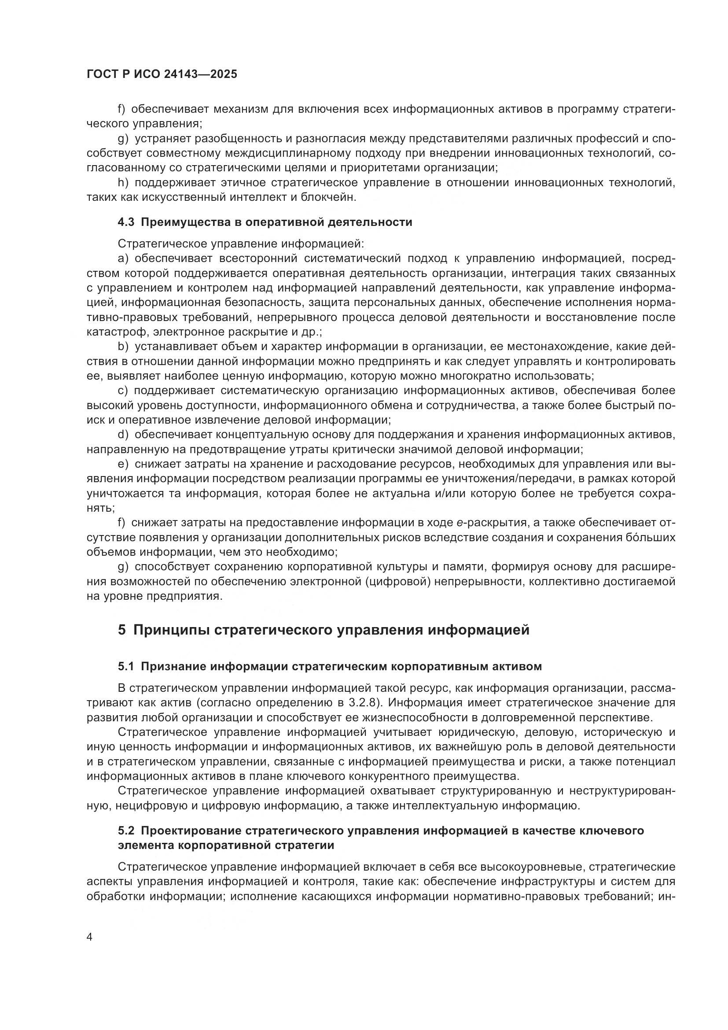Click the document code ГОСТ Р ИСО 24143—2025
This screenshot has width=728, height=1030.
pos(162,74)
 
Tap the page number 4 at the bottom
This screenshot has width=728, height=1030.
pos(90,938)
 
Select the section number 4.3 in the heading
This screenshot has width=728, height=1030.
pos(126,222)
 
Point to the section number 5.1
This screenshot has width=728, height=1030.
pos(126,667)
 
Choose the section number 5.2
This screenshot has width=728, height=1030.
pos(126,831)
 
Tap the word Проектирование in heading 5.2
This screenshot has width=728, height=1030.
pos(190,831)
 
